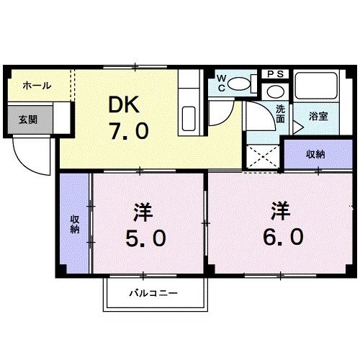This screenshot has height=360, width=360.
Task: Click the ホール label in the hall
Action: (37, 86)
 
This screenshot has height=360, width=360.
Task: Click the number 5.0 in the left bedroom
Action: (142, 236)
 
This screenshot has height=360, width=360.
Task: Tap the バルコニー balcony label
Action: (153, 293)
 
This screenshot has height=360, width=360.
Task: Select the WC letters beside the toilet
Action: (222, 83)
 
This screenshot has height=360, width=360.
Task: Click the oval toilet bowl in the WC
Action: (243, 85)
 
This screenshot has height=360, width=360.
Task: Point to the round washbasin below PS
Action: (274, 92)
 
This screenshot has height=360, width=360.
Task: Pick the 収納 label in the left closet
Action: (74, 223)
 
